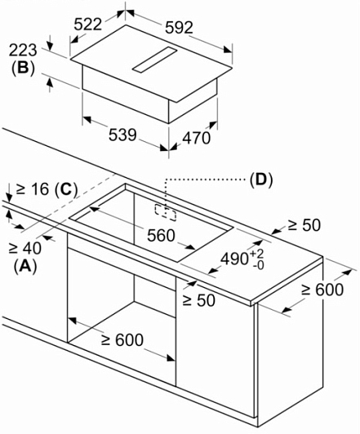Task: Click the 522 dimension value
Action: pos(88,24)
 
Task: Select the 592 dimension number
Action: pos(179,28)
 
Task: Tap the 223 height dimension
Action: pos(23,51)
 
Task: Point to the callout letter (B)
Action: pos(23,68)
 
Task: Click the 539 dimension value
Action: pos(122,135)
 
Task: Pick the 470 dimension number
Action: pos(197,138)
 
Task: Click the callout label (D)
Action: pos(261,180)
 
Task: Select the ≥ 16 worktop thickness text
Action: pos(33,189)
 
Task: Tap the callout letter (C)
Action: pos(66,189)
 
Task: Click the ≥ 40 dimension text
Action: pos(25,248)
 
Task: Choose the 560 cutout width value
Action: pos(161,236)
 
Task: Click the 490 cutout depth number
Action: pos(234,259)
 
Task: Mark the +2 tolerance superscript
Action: pos(257,254)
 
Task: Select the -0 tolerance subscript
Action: pos(259,266)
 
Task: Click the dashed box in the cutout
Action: pos(166,213)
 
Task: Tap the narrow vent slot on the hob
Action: pos(154,60)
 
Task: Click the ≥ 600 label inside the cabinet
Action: pos(122,339)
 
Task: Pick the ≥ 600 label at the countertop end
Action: pos(322,290)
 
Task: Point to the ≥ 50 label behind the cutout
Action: pos(304,225)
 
